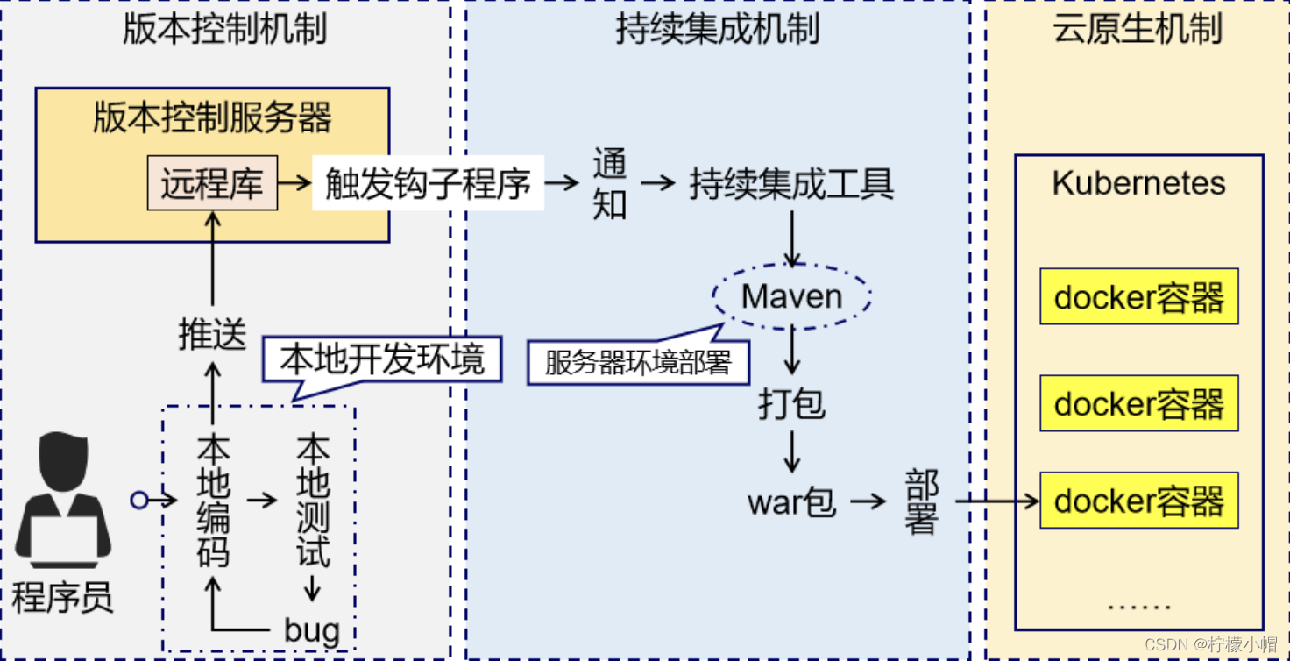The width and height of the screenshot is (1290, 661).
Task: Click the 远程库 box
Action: click(212, 183)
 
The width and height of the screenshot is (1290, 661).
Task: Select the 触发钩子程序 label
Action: click(428, 183)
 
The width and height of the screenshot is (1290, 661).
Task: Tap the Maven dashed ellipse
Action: click(792, 296)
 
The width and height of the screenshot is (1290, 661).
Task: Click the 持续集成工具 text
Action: click(791, 184)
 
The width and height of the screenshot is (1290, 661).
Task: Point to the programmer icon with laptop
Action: click(64, 500)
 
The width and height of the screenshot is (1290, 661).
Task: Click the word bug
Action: click(312, 629)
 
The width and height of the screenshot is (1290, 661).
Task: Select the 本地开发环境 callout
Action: click(382, 360)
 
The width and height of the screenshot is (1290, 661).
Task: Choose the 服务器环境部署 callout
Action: click(638, 362)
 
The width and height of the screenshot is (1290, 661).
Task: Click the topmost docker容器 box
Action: click(1138, 297)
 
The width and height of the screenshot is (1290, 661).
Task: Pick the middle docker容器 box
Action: click(1138, 403)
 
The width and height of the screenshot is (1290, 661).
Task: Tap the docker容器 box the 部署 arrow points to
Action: click(1138, 501)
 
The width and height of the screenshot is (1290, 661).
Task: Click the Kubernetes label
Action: click(1138, 183)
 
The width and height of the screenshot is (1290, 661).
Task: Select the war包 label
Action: click(792, 502)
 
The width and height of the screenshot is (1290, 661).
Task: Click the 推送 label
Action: click(212, 335)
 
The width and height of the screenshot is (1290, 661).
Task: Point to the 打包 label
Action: click(792, 404)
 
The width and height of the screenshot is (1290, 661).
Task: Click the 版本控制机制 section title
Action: click(224, 28)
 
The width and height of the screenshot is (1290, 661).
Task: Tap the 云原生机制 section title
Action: click(1138, 28)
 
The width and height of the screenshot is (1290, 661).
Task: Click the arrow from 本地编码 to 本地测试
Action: click(262, 501)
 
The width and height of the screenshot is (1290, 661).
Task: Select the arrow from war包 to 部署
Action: click(868, 501)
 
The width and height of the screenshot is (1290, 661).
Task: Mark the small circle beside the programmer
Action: click(138, 501)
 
